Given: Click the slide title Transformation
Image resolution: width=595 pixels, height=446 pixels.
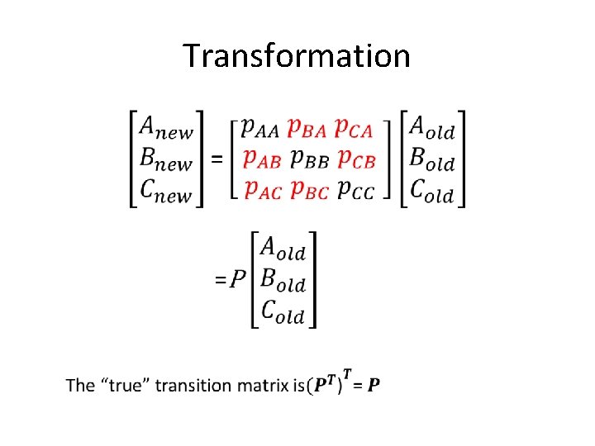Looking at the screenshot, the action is point(297,56).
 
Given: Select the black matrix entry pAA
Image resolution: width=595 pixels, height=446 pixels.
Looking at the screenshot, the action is point(259,129).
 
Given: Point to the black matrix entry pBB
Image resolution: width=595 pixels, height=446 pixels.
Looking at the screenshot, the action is point(307,159).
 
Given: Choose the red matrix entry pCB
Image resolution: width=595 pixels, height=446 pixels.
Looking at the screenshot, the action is point(355,159).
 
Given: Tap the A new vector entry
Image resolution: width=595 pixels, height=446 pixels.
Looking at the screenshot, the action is point(166,129).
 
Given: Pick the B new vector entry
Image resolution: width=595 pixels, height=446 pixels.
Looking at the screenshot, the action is point(166,159).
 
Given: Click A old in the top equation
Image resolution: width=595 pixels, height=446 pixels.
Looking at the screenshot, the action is point(432,129).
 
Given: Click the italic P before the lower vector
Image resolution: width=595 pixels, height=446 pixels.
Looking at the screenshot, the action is point(238,280).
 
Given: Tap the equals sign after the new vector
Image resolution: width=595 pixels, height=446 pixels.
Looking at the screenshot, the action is point(217,160).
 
